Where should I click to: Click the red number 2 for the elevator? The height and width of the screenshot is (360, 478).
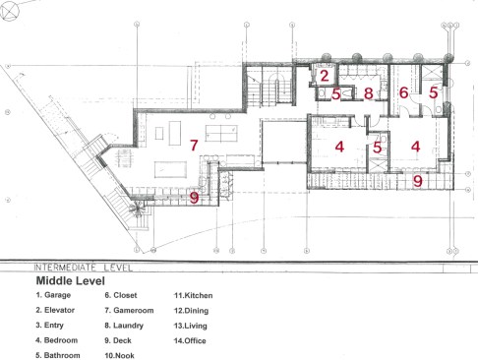point(325,76)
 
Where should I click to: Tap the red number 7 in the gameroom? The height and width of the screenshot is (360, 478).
point(194,145)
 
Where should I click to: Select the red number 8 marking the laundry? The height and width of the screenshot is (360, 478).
point(369,93)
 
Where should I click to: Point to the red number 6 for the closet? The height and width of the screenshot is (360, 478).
point(403,92)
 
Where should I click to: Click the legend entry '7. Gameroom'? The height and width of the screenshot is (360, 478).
point(129,310)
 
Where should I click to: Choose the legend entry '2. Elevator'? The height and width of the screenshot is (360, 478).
point(55,310)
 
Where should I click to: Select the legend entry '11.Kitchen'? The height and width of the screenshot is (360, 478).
point(193,295)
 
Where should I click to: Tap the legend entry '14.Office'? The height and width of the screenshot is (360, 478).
point(190,340)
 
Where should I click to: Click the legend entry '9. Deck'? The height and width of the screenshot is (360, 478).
point(118,340)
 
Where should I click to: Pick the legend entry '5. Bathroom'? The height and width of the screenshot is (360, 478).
point(58,355)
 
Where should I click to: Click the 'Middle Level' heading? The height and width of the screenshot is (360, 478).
point(71,280)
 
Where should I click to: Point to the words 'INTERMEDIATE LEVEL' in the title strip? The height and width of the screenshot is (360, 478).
point(84,268)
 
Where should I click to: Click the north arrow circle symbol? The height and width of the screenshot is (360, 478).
point(10,11)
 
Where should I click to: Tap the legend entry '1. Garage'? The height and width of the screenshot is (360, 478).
point(53,295)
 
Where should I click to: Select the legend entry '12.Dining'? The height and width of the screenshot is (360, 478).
point(191,311)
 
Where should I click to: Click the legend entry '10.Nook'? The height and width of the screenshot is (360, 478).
point(119,355)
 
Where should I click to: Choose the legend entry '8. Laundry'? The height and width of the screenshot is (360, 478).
point(124,326)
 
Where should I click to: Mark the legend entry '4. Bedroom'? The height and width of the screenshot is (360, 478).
point(57,340)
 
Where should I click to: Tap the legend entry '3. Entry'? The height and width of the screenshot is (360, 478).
point(50,326)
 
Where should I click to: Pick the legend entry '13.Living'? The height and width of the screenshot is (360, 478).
point(191,326)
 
